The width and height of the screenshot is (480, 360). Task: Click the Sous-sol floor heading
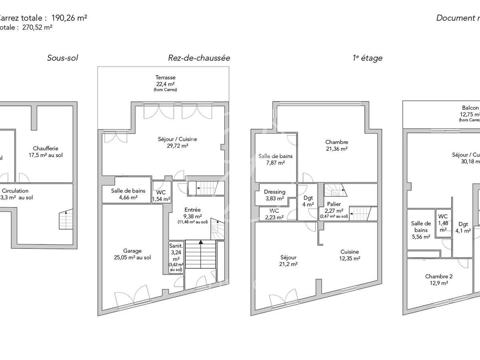click(x=62, y=58)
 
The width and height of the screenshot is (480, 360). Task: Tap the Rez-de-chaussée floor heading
click(x=199, y=58)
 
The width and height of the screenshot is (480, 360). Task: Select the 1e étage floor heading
click(x=367, y=58)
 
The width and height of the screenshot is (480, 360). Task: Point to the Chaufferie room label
click(x=45, y=151)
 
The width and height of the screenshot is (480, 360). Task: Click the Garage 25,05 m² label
click(x=132, y=254)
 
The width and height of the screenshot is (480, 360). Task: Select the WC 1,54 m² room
click(x=161, y=195)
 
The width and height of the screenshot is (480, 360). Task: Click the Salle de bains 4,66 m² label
click(x=128, y=194)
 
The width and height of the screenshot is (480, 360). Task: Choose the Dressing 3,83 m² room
click(x=275, y=195)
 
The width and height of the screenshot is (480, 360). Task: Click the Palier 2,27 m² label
click(x=334, y=207)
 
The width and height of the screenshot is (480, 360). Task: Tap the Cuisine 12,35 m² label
click(x=350, y=255)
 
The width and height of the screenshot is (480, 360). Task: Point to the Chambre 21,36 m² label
click(x=336, y=145)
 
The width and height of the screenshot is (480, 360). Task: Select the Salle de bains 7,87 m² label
click(x=275, y=159)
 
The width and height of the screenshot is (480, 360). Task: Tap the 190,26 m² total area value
click(x=69, y=18)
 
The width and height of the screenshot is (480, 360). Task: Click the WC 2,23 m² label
click(x=274, y=214)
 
